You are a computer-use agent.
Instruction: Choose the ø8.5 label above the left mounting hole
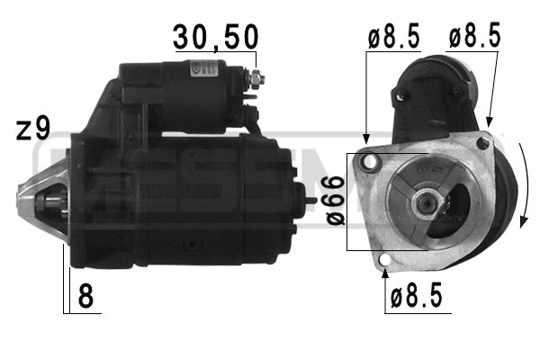tap(393, 38)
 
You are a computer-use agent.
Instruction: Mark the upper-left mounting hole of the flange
tap(367, 162)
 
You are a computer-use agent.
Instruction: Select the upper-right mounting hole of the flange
tap(483, 144)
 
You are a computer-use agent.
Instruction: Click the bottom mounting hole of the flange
tap(385, 263)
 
